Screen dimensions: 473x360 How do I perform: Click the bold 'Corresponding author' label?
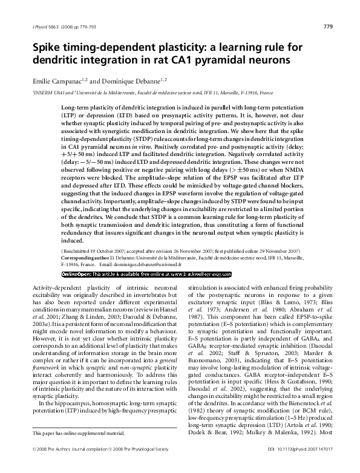pos(88,256)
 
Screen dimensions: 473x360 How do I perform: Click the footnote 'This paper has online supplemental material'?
pos(78,433)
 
